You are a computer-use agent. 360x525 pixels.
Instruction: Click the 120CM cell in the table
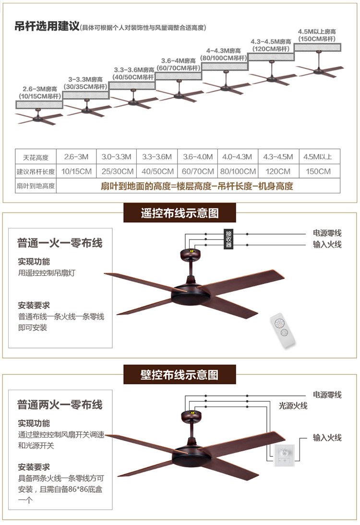click(278, 171)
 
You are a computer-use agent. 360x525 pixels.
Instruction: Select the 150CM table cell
click(318, 171)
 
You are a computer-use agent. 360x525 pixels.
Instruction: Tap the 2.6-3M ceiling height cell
click(76, 156)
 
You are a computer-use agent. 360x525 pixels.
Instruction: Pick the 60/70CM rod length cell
click(198, 171)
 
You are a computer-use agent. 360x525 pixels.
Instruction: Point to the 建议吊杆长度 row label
click(36, 171)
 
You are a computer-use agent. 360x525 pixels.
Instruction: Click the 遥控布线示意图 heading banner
click(180, 213)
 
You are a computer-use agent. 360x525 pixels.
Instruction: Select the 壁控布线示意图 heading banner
click(180, 374)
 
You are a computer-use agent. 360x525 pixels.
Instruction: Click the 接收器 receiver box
click(229, 238)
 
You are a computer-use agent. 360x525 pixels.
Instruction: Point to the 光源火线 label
click(293, 406)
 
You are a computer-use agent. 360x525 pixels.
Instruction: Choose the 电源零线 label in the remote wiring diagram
click(327, 233)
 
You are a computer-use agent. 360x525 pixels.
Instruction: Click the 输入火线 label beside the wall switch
click(327, 438)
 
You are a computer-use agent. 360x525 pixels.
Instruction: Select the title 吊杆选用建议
click(47, 26)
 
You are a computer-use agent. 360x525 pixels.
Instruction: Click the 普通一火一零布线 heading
click(60, 243)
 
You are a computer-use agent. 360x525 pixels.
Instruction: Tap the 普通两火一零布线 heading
click(60, 405)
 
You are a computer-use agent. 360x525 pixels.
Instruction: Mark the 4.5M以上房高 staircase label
click(317, 35)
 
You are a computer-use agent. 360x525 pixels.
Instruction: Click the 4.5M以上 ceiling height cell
click(318, 156)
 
